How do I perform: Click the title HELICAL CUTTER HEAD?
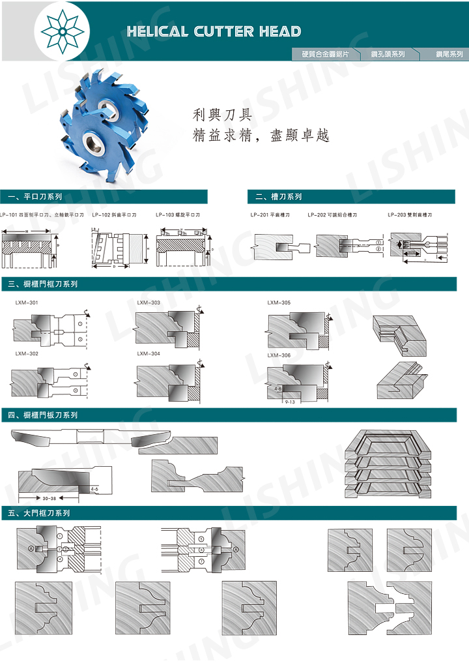(214, 31)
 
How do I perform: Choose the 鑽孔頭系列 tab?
(388, 54)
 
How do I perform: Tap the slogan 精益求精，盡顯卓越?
(261, 136)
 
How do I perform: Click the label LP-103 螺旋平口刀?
(178, 214)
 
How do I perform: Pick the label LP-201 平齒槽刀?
(270, 214)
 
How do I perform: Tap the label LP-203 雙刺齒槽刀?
(410, 214)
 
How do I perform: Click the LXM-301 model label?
(27, 303)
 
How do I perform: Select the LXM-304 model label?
(149, 353)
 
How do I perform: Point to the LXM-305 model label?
(279, 303)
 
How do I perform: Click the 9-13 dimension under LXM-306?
(291, 402)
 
